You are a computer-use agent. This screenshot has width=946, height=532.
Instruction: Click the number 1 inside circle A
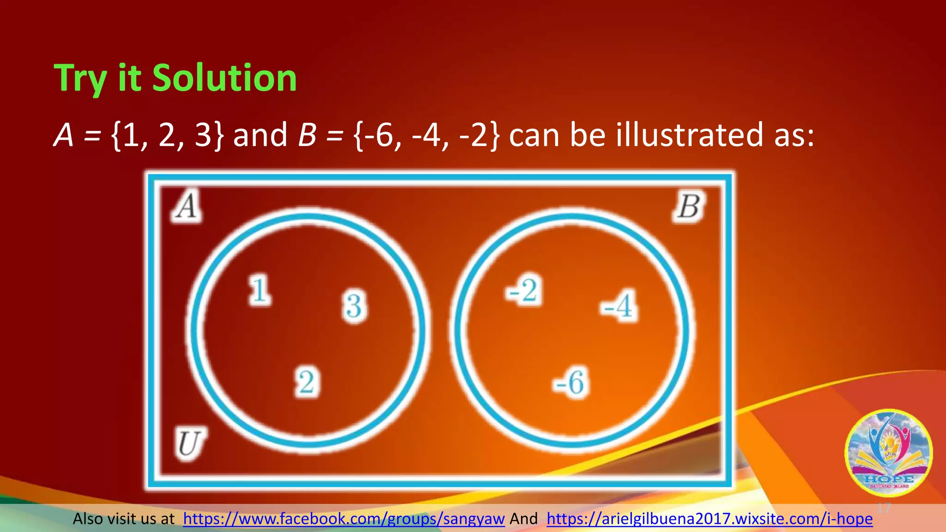[260, 290]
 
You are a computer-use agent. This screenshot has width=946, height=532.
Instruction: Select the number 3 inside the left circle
[354, 306]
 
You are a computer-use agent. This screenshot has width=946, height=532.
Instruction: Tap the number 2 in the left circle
[307, 382]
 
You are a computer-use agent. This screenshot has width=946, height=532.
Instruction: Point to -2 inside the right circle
[523, 290]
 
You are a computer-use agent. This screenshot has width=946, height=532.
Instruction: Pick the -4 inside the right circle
[619, 305]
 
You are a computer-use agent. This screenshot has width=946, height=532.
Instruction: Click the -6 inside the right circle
[571, 382]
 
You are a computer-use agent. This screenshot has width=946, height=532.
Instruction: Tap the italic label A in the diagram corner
[187, 206]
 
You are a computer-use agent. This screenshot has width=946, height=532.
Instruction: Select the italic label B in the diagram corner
[689, 206]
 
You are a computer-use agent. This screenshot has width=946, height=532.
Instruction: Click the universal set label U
[189, 444]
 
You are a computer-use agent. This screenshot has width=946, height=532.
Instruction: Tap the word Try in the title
[81, 79]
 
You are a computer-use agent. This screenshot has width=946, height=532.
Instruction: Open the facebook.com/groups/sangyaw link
[344, 519]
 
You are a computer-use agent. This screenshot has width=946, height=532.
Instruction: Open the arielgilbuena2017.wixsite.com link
[709, 519]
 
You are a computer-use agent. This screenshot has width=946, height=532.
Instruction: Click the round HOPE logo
[888, 453]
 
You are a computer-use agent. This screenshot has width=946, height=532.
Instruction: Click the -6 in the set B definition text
[379, 135]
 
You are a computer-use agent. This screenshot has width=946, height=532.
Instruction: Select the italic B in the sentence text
[307, 135]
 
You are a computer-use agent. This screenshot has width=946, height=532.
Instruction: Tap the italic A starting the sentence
[64, 135]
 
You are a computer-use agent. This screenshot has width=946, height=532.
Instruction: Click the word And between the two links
[523, 519]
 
